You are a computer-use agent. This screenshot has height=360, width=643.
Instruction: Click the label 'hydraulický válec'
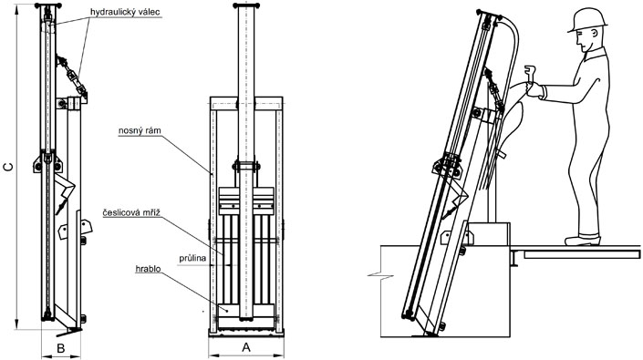125,12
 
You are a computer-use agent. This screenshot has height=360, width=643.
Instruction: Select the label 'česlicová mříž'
131,212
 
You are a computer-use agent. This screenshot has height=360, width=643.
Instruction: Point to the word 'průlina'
192,259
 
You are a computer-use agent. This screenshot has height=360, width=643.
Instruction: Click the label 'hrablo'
148,269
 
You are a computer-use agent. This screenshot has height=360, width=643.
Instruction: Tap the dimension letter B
61,348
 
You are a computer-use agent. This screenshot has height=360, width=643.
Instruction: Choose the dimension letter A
246,347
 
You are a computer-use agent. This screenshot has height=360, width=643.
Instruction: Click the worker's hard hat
587,20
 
